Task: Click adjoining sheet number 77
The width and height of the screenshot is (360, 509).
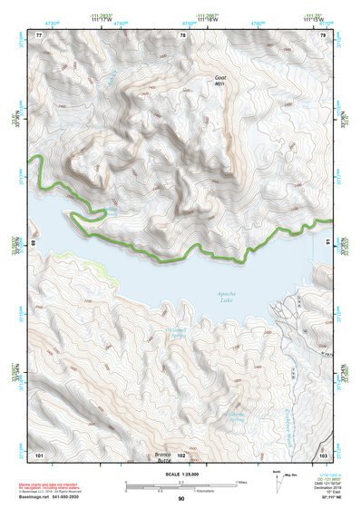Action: coord(39,34)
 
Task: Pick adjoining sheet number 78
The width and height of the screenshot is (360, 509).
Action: coord(182,34)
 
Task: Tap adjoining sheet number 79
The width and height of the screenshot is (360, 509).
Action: coord(324,34)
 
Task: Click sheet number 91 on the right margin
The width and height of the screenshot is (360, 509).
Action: coord(327,243)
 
